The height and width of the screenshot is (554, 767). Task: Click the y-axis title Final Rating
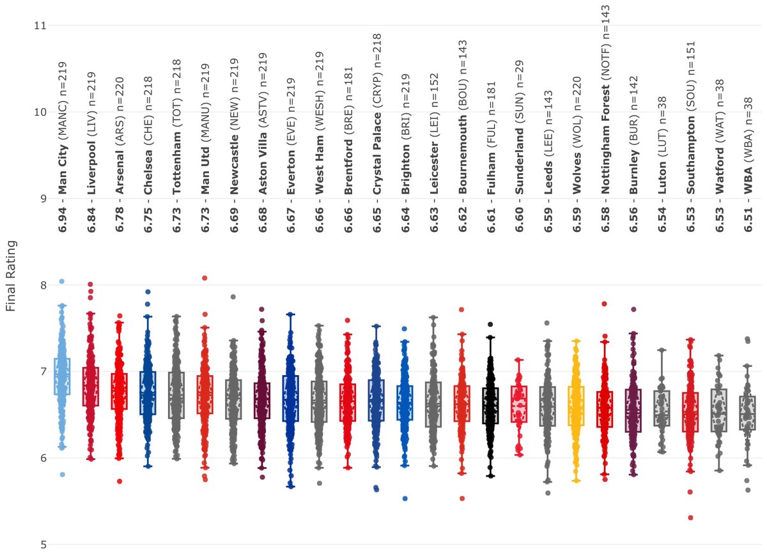[11, 275]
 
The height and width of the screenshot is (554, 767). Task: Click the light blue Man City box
[62, 376]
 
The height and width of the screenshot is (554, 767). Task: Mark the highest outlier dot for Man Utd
[205, 278]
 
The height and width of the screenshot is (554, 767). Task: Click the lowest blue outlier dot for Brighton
[405, 498]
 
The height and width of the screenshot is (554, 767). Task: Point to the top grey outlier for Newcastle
[233, 297]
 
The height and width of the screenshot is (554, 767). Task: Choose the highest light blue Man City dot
[62, 281]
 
